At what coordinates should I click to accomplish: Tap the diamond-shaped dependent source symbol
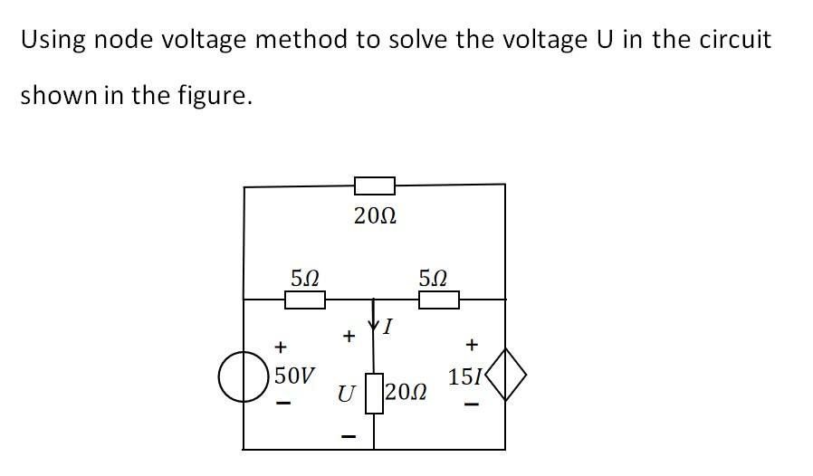click(x=504, y=376)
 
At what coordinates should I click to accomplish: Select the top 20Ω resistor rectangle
click(x=374, y=186)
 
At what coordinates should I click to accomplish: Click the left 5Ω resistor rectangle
click(x=305, y=300)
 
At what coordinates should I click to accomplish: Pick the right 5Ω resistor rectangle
click(x=439, y=300)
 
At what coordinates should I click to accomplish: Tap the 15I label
click(x=466, y=376)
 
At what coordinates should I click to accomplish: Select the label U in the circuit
click(x=345, y=395)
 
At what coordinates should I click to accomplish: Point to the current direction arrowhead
click(x=374, y=324)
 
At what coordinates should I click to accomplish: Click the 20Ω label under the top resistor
click(x=375, y=217)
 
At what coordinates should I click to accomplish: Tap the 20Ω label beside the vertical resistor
click(x=405, y=394)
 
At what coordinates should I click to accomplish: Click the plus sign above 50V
click(x=282, y=346)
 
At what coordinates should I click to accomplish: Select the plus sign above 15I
click(x=471, y=345)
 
